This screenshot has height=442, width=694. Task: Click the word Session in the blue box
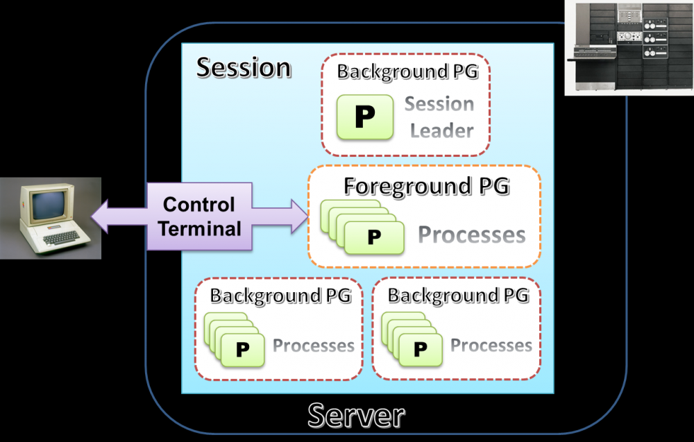pos(244,68)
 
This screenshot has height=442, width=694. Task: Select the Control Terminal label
pos(198,216)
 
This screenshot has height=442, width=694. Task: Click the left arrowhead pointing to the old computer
pos(101,216)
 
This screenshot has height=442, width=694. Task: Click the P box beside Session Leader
pos(365,117)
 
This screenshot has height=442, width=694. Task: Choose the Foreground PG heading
pos(427,186)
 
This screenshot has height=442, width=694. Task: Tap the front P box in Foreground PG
pos(374,237)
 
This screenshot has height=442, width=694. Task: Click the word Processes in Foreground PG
pos(471,235)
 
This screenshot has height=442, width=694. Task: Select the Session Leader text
pos(440,117)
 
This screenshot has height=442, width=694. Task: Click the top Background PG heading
pos(407,71)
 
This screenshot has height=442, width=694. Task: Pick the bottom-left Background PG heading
pos(280,296)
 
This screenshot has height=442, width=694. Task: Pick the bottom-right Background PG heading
pos(458,296)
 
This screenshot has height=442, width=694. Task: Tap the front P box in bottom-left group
pos(242,350)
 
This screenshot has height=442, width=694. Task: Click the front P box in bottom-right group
pos(420,350)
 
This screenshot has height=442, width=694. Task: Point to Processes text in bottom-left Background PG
pos(314,346)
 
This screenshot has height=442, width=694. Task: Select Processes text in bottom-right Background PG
pos(491,346)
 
